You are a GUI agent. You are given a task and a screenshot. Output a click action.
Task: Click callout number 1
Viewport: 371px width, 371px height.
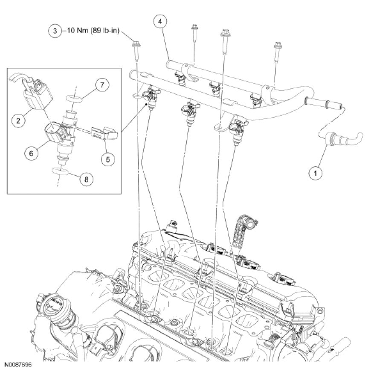[316, 173]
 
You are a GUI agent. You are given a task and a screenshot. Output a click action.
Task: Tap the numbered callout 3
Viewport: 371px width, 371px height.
[55, 31]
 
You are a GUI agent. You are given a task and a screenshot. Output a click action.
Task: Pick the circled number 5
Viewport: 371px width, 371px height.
[107, 159]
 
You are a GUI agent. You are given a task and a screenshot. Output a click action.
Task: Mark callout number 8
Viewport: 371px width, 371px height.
[86, 179]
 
